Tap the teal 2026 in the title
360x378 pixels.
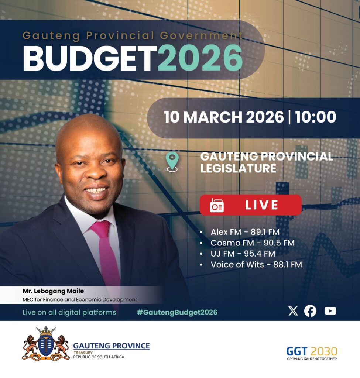click(x=200, y=59)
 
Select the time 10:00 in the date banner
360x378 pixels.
click(x=315, y=117)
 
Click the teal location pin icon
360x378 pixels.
click(x=172, y=162)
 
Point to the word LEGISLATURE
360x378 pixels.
click(x=238, y=168)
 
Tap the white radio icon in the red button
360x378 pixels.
click(x=216, y=205)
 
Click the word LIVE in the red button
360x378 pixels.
click(x=262, y=205)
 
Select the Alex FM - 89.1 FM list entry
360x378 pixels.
click(x=245, y=232)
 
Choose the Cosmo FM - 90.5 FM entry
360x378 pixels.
click(x=253, y=243)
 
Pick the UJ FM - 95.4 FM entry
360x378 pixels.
click(x=243, y=254)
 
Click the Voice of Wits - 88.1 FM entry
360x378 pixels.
click(x=256, y=264)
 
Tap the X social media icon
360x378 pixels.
click(x=293, y=311)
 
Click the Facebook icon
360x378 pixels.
click(x=310, y=311)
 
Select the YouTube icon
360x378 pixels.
click(x=330, y=311)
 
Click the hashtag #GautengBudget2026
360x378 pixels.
click(x=177, y=312)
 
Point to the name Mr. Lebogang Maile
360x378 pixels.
click(x=53, y=291)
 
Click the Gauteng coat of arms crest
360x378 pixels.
click(x=46, y=344)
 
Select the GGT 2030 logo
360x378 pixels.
click(x=312, y=353)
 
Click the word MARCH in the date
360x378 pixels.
click(x=213, y=117)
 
